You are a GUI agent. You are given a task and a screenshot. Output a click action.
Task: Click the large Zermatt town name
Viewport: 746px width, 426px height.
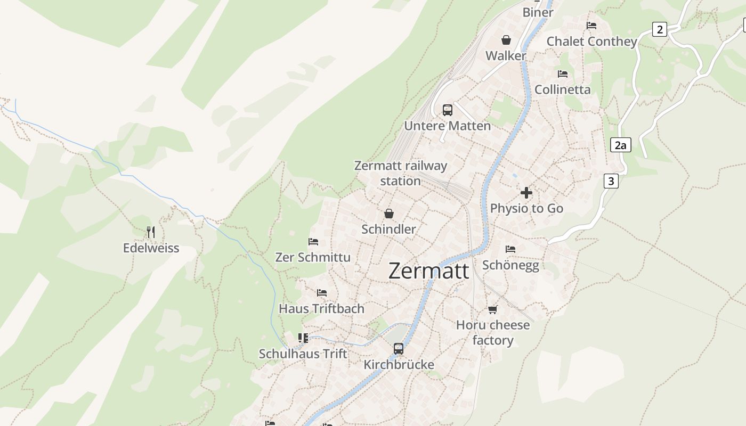point(428,271)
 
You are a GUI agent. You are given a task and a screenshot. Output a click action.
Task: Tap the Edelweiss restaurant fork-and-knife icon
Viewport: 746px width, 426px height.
point(151,232)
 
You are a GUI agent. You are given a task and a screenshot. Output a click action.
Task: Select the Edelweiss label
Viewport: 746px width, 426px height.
point(151,248)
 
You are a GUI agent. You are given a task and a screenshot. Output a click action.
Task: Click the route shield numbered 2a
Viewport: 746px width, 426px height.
point(620,145)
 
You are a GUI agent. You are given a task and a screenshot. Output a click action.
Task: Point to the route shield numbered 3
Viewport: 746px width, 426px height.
point(611,181)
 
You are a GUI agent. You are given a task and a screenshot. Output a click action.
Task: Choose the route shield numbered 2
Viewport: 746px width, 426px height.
point(660,29)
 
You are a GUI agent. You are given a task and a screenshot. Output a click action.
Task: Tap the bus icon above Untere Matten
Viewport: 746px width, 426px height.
point(448,110)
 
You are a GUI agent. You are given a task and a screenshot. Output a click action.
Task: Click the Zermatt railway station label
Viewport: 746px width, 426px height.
point(401,173)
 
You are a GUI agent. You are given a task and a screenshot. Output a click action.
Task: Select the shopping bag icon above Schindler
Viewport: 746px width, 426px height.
point(389,214)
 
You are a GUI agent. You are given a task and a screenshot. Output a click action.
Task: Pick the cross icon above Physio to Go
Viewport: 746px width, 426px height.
point(526,193)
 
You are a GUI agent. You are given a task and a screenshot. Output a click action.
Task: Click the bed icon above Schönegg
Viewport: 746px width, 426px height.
point(510,249)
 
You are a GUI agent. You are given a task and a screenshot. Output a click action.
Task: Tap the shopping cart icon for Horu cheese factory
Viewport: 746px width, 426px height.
point(493,309)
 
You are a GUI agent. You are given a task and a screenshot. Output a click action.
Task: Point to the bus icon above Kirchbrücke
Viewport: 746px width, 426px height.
point(399,349)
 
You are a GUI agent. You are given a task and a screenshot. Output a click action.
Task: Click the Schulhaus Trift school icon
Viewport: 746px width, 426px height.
point(303,338)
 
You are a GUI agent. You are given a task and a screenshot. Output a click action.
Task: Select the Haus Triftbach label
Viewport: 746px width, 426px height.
point(321,309)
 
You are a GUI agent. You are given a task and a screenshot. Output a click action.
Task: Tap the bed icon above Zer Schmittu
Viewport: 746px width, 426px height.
point(313,242)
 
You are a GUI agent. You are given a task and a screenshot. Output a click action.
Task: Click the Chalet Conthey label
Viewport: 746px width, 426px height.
point(591,42)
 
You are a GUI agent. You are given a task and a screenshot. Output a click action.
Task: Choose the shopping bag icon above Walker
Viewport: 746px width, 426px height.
point(506,40)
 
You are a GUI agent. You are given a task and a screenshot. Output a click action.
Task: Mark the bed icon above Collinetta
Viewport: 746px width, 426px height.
point(563,74)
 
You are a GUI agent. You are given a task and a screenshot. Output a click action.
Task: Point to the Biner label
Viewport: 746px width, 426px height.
point(538,12)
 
